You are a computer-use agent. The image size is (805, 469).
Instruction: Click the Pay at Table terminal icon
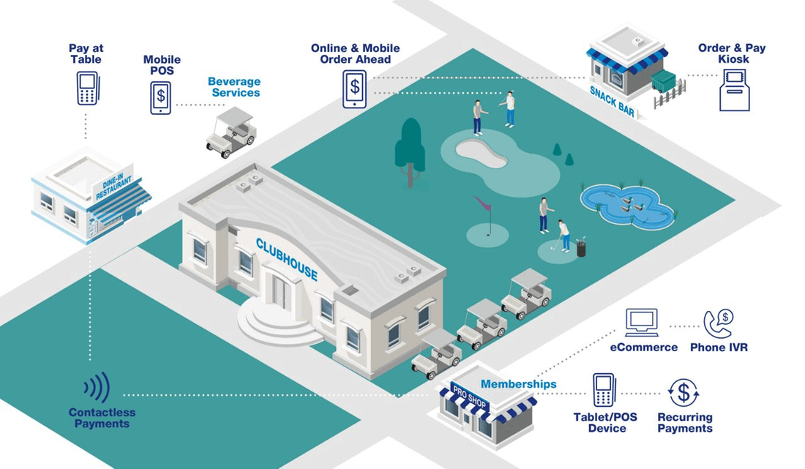point(86,88)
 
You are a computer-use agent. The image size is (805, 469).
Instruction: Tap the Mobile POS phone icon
point(161,97)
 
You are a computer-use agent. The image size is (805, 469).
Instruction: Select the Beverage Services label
point(233,87)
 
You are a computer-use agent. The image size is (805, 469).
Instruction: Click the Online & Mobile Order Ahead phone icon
point(355,89)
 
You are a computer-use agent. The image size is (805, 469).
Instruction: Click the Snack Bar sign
point(613,102)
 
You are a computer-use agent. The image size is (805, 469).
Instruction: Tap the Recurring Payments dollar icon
point(684,392)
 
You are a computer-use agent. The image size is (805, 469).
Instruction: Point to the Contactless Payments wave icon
point(97,388)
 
